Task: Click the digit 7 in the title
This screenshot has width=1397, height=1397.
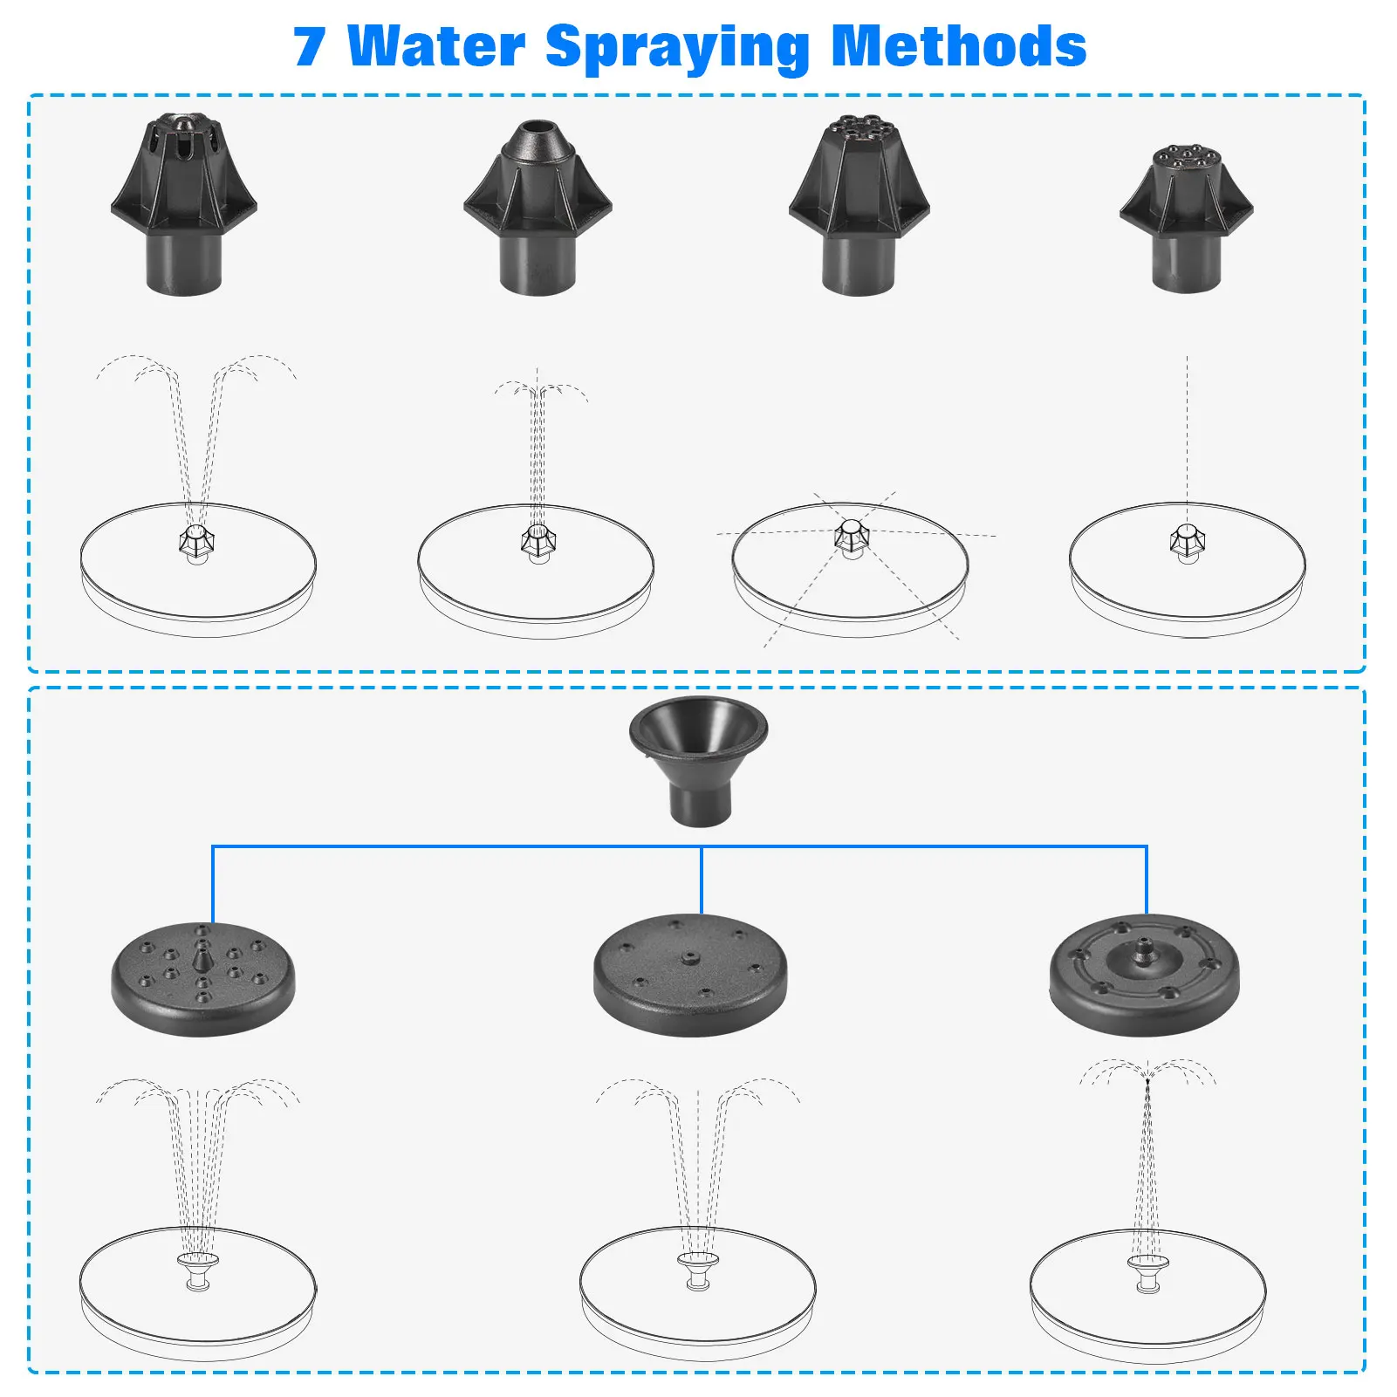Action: (x=310, y=47)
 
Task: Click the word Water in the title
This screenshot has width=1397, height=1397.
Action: (x=436, y=47)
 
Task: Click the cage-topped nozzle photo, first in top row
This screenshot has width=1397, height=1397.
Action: (x=184, y=204)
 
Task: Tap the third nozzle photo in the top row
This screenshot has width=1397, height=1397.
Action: (x=859, y=204)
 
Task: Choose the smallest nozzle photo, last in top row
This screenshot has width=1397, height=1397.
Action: (x=1186, y=218)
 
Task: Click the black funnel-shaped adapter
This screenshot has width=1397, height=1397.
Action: (x=699, y=759)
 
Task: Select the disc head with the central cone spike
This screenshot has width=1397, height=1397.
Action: (x=203, y=979)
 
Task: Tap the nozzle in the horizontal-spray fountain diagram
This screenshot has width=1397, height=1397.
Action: (x=851, y=536)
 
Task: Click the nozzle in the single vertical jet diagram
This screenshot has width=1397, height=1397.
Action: (x=1187, y=543)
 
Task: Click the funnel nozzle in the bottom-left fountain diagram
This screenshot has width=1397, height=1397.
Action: (x=198, y=1269)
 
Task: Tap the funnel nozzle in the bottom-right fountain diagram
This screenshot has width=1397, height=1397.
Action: (x=1147, y=1271)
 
